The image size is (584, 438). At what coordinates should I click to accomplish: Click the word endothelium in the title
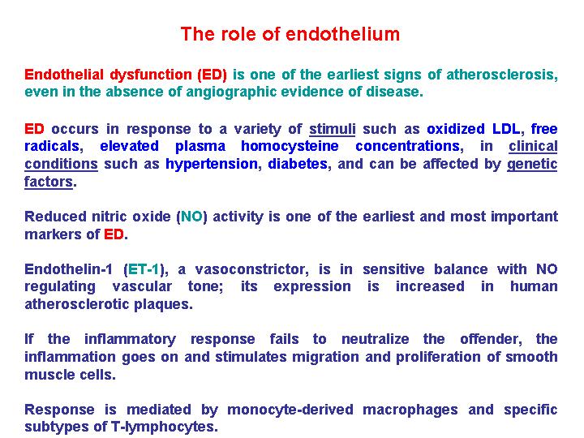(x=342, y=34)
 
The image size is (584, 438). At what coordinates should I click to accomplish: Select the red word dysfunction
(x=151, y=75)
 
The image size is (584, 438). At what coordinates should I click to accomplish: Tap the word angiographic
(x=230, y=92)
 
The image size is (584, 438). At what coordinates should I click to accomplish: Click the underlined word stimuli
(x=333, y=129)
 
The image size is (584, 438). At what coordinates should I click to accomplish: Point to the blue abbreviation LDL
(x=506, y=129)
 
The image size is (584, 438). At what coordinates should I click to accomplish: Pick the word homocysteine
(x=290, y=146)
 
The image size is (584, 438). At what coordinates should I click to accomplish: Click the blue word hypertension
(x=212, y=164)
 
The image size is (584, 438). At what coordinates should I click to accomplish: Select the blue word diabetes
(x=298, y=164)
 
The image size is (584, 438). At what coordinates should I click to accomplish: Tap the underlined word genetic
(x=532, y=164)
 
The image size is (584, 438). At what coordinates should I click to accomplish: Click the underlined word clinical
(x=533, y=146)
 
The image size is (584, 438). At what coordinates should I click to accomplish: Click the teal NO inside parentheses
(x=191, y=217)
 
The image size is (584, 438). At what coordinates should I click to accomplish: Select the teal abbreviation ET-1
(x=144, y=269)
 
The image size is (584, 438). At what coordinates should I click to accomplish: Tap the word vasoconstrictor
(x=251, y=269)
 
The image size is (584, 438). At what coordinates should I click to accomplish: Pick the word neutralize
(x=375, y=339)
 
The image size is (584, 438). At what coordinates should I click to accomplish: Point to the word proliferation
(x=438, y=357)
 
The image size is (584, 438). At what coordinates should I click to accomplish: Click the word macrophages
(x=410, y=410)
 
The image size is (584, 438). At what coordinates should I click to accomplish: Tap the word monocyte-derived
(x=290, y=410)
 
